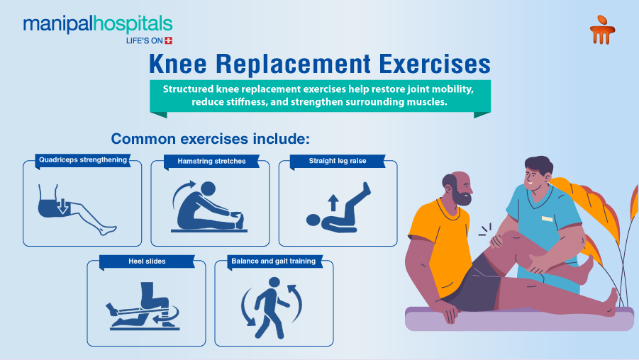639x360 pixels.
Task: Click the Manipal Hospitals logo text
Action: [97, 24]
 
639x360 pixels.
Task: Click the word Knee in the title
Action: [177, 64]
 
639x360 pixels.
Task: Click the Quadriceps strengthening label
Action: [83, 160]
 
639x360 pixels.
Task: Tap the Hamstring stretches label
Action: [211, 161]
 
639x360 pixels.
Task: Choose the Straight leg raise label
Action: [338, 161]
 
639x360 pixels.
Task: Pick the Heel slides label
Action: [148, 261]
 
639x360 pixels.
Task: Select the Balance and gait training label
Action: [273, 261]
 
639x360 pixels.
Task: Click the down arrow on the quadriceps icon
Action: [62, 206]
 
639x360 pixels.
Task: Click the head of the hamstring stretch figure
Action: [210, 189]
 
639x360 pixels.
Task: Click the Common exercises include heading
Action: [211, 138]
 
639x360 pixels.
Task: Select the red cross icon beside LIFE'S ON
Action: [168, 40]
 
